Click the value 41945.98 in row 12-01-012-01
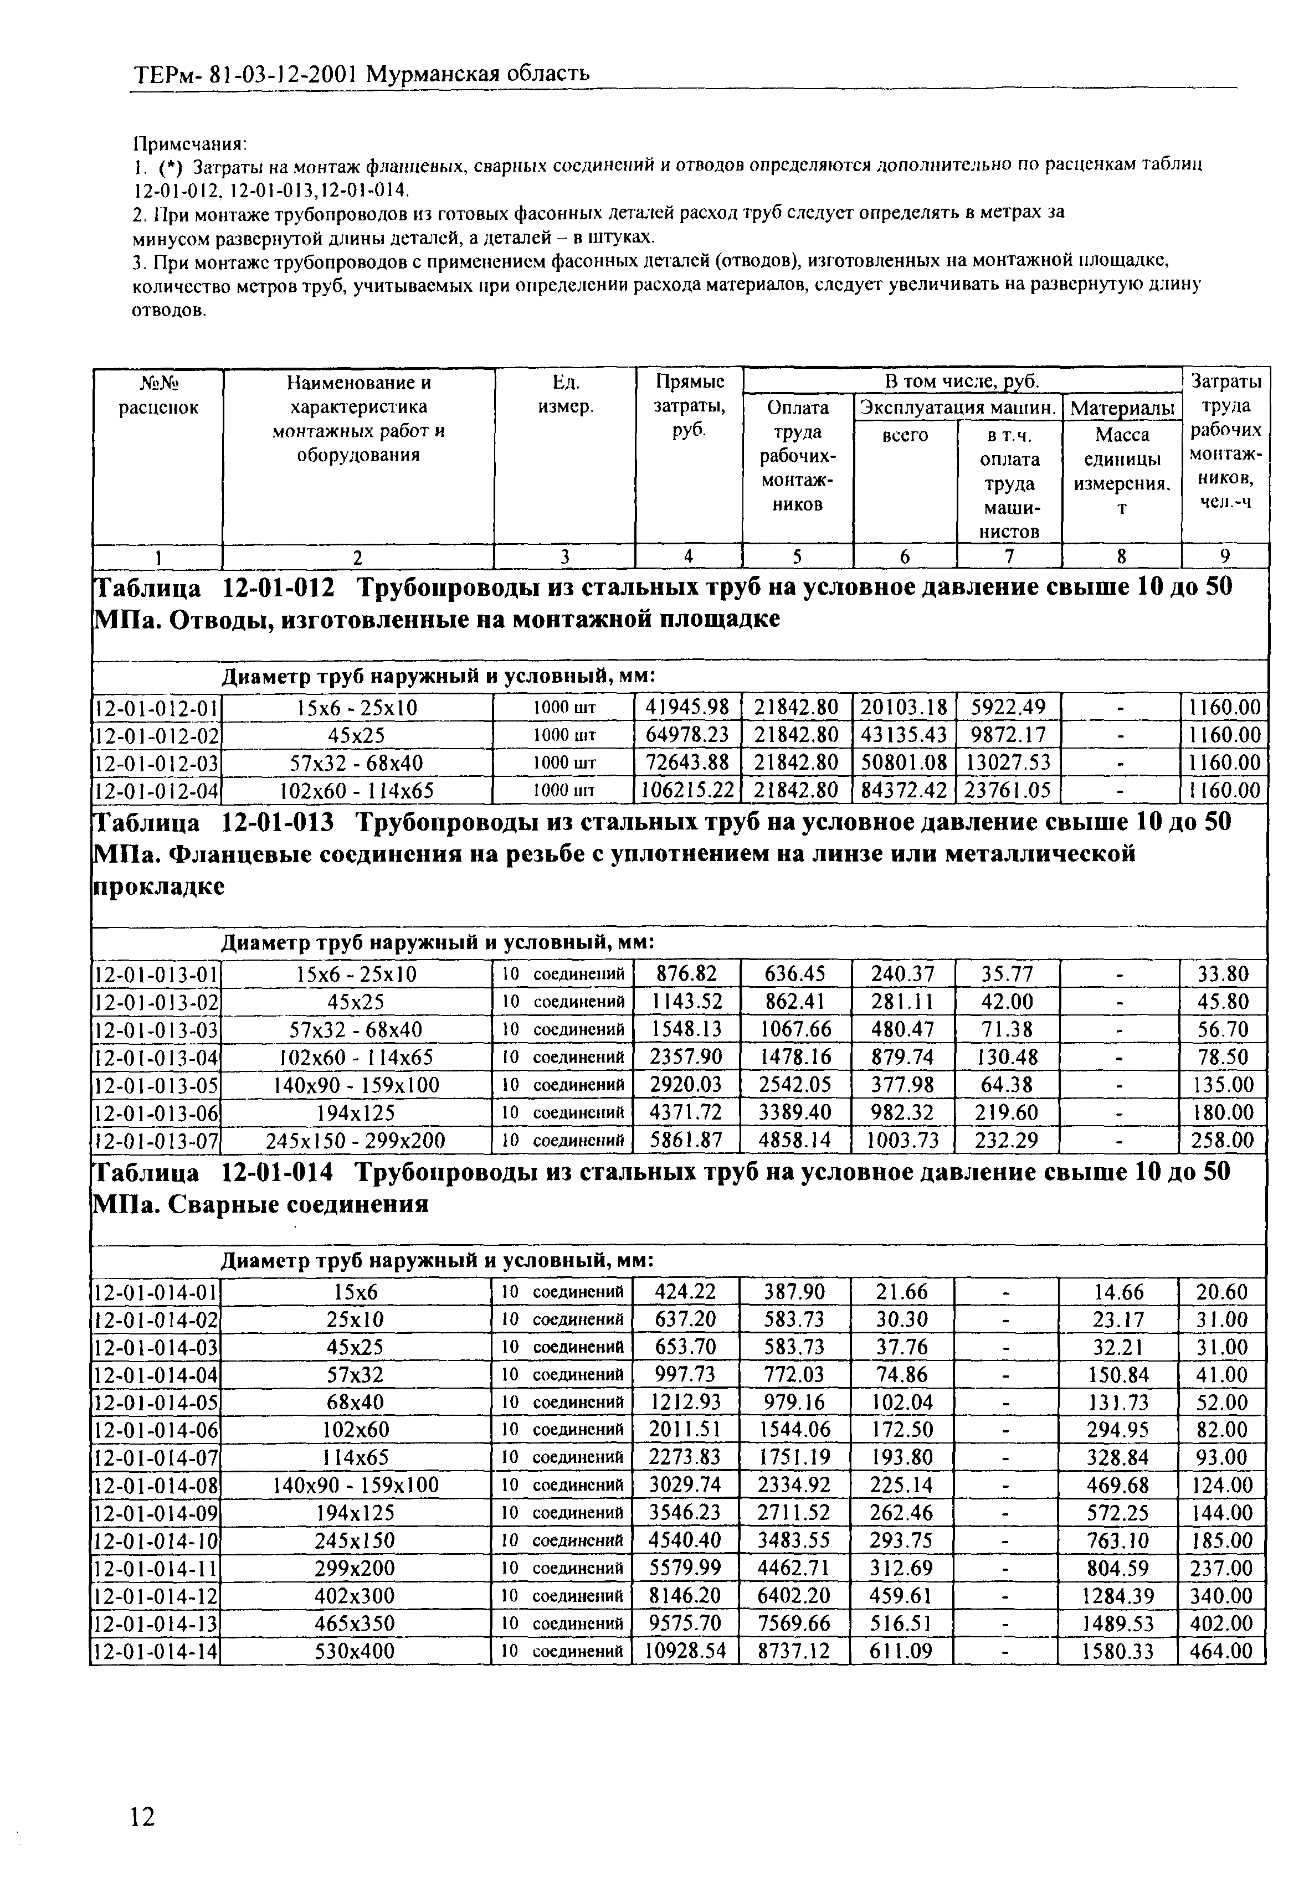(x=687, y=707)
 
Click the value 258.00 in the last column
(x=1225, y=1140)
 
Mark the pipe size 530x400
(x=355, y=1651)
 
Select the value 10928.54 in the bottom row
(x=686, y=1651)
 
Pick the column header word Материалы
(x=1122, y=408)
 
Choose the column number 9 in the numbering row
(x=1225, y=556)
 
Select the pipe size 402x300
(x=355, y=1595)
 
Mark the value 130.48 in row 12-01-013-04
(x=1008, y=1056)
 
